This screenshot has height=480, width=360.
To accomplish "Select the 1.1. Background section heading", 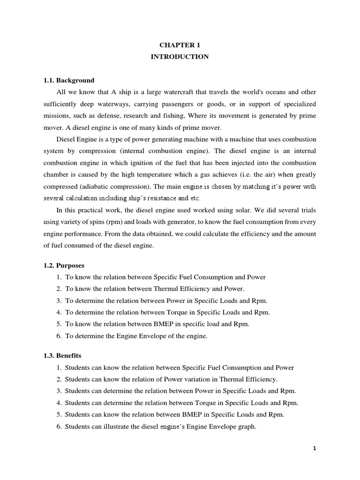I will (69, 80).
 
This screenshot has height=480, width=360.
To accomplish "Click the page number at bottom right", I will (315, 448).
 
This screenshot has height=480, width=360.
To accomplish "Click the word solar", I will (222, 209).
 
